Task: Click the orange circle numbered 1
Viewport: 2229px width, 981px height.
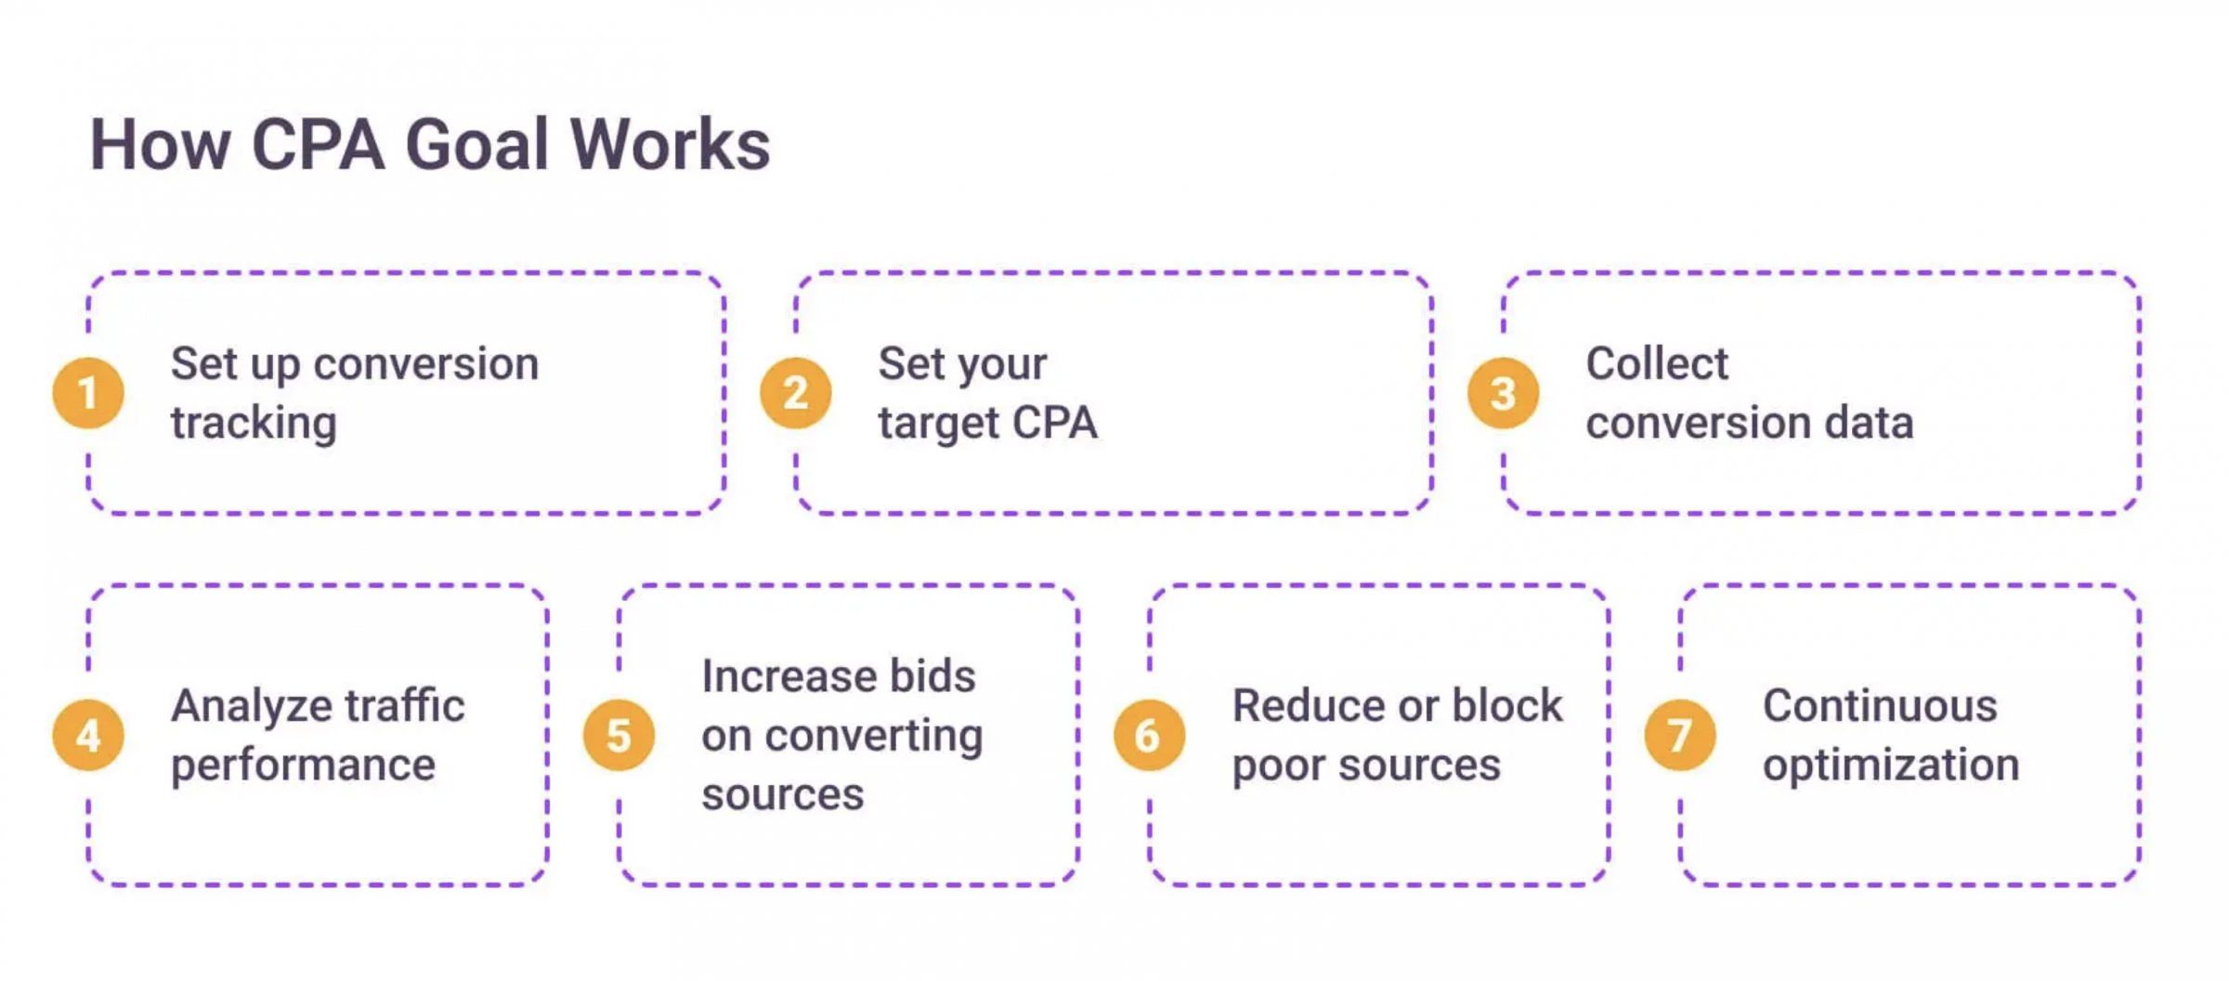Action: point(88,393)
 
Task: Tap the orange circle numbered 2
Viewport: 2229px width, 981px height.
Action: point(796,393)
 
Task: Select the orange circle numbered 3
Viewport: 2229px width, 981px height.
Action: point(1504,393)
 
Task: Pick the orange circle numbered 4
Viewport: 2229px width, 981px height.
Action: point(88,735)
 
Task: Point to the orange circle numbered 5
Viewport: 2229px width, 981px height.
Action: point(619,735)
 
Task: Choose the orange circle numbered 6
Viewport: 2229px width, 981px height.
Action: point(1150,735)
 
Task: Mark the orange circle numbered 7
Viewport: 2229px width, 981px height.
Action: point(1680,735)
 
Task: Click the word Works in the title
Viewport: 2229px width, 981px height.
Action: point(670,145)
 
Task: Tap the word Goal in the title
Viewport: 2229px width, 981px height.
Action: point(477,145)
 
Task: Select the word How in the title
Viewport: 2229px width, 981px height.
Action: point(161,145)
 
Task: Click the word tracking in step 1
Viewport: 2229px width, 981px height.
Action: point(254,424)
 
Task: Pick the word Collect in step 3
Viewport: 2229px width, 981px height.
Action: point(1657,363)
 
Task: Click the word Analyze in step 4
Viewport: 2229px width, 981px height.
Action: point(238,707)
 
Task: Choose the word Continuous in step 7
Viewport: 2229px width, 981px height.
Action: point(1880,705)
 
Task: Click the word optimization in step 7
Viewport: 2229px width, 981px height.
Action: point(1891,765)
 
